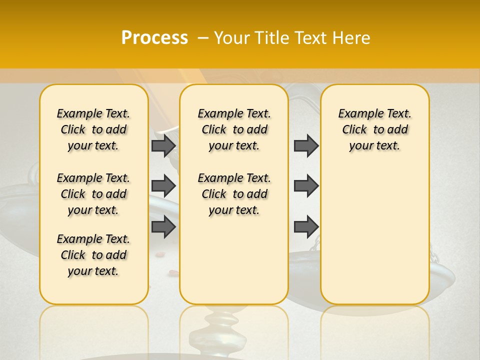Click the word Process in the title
tap(154, 38)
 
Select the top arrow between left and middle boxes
tap(163, 145)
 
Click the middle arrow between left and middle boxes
tap(163, 186)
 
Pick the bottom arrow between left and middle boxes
tap(163, 226)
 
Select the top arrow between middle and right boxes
tap(306, 145)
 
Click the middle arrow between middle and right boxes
tap(306, 186)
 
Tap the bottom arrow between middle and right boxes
tap(306, 226)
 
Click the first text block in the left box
tap(93, 129)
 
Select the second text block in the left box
tap(93, 194)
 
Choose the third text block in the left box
tap(93, 255)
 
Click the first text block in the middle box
tap(234, 129)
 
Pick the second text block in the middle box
tap(234, 194)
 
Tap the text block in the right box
tap(374, 129)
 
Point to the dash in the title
tap(203, 38)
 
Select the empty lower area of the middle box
tap(234, 260)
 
